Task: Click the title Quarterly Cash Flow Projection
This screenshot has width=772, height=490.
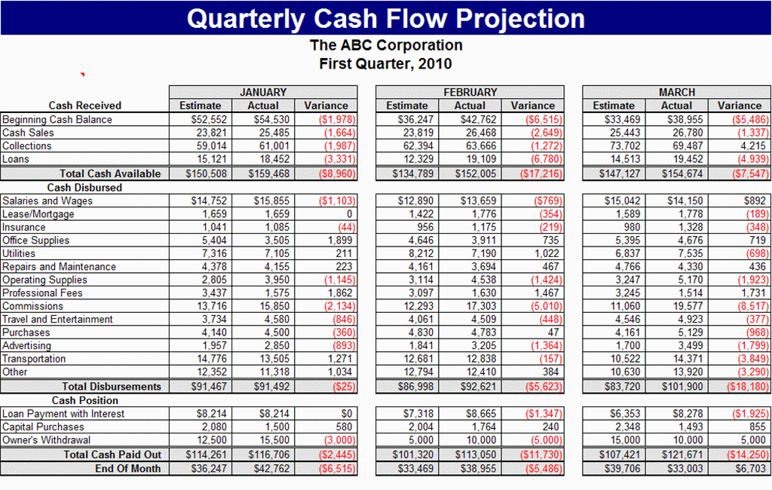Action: coord(385,18)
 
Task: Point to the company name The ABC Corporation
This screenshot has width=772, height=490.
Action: coord(386,45)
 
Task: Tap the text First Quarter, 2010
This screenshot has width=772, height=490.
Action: coord(385,63)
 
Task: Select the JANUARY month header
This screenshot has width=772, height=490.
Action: coord(262,92)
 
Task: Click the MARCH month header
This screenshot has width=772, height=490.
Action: coord(676,92)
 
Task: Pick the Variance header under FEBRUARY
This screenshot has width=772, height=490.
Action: coord(532,106)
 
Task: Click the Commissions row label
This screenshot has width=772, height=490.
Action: coord(32,306)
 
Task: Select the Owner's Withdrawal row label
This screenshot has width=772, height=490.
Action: coord(47,439)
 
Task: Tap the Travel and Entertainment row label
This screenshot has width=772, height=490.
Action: coord(57,319)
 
